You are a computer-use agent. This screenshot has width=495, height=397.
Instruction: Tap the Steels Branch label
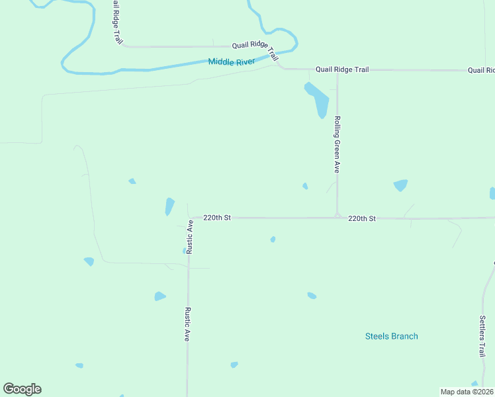(x=391, y=336)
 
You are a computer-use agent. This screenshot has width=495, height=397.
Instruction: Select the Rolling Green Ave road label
(x=337, y=145)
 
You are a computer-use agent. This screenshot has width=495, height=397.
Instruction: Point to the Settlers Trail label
(x=482, y=335)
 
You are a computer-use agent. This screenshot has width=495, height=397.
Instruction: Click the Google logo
(x=22, y=388)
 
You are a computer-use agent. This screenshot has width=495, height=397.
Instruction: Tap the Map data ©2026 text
(x=467, y=391)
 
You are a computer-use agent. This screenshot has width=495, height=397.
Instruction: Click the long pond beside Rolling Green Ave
(x=317, y=99)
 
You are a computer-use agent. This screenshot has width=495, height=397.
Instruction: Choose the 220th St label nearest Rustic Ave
(x=216, y=217)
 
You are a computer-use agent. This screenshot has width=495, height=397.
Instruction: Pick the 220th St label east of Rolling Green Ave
(x=362, y=218)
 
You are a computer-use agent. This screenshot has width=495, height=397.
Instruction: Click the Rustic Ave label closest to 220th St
(x=189, y=237)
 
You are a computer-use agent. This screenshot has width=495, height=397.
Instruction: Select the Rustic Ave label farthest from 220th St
(x=188, y=324)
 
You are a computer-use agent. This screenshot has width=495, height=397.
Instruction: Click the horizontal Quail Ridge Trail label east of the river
(x=341, y=69)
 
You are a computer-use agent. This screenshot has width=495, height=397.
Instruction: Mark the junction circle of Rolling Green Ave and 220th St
(x=337, y=216)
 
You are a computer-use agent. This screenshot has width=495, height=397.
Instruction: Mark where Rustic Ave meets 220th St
(x=189, y=217)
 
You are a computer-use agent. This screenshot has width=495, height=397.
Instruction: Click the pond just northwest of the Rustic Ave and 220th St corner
(x=169, y=206)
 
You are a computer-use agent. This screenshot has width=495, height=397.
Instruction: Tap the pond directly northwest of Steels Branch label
(x=312, y=295)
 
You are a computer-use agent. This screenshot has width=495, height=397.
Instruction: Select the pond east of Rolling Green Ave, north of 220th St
(x=400, y=185)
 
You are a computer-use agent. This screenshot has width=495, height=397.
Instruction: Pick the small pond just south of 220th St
(x=273, y=239)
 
